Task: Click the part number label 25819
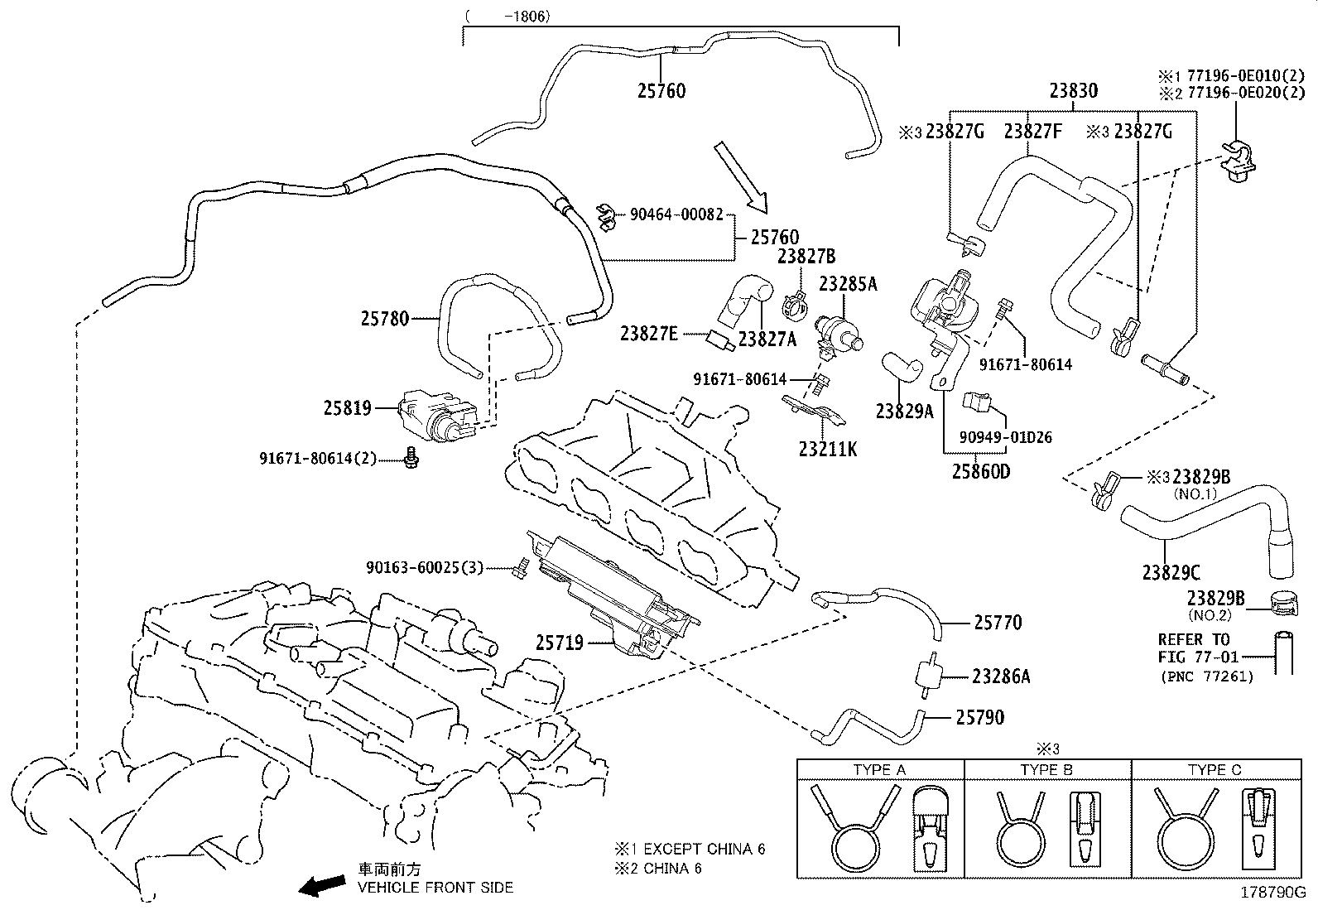coord(347,408)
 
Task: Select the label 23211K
coord(827,450)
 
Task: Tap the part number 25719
coord(559,643)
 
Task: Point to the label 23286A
coord(1001,677)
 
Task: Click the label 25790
coord(980,718)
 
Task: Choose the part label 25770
coord(997,623)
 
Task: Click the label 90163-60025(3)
coord(424,568)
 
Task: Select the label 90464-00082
coord(676,214)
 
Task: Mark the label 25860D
coord(980,472)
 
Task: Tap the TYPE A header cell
coord(879,770)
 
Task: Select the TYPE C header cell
coord(1214,770)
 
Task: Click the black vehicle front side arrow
coord(323,885)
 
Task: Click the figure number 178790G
coord(1271,893)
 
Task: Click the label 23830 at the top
coord(1073,91)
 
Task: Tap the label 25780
coord(384,318)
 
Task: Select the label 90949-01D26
coord(1006,437)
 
